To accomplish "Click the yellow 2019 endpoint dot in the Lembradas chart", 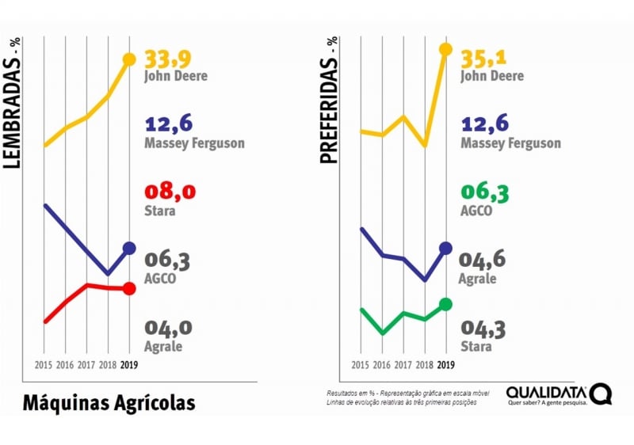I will (x=129, y=59).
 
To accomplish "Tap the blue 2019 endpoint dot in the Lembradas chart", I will (x=129, y=249).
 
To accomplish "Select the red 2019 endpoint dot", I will (x=129, y=289).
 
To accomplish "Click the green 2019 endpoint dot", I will (x=445, y=304).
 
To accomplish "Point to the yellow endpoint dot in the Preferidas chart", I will (x=445, y=50).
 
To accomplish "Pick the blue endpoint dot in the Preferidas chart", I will (x=445, y=248).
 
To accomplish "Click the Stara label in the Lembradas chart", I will (x=160, y=211).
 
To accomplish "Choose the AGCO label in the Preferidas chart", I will (x=476, y=211).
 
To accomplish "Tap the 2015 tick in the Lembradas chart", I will (x=44, y=365).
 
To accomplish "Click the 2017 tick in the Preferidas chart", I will (x=403, y=365).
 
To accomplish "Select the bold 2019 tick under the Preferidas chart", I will (x=445, y=365).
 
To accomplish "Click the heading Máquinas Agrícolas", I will (x=109, y=403).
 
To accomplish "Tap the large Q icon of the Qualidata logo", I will (x=601, y=394).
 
